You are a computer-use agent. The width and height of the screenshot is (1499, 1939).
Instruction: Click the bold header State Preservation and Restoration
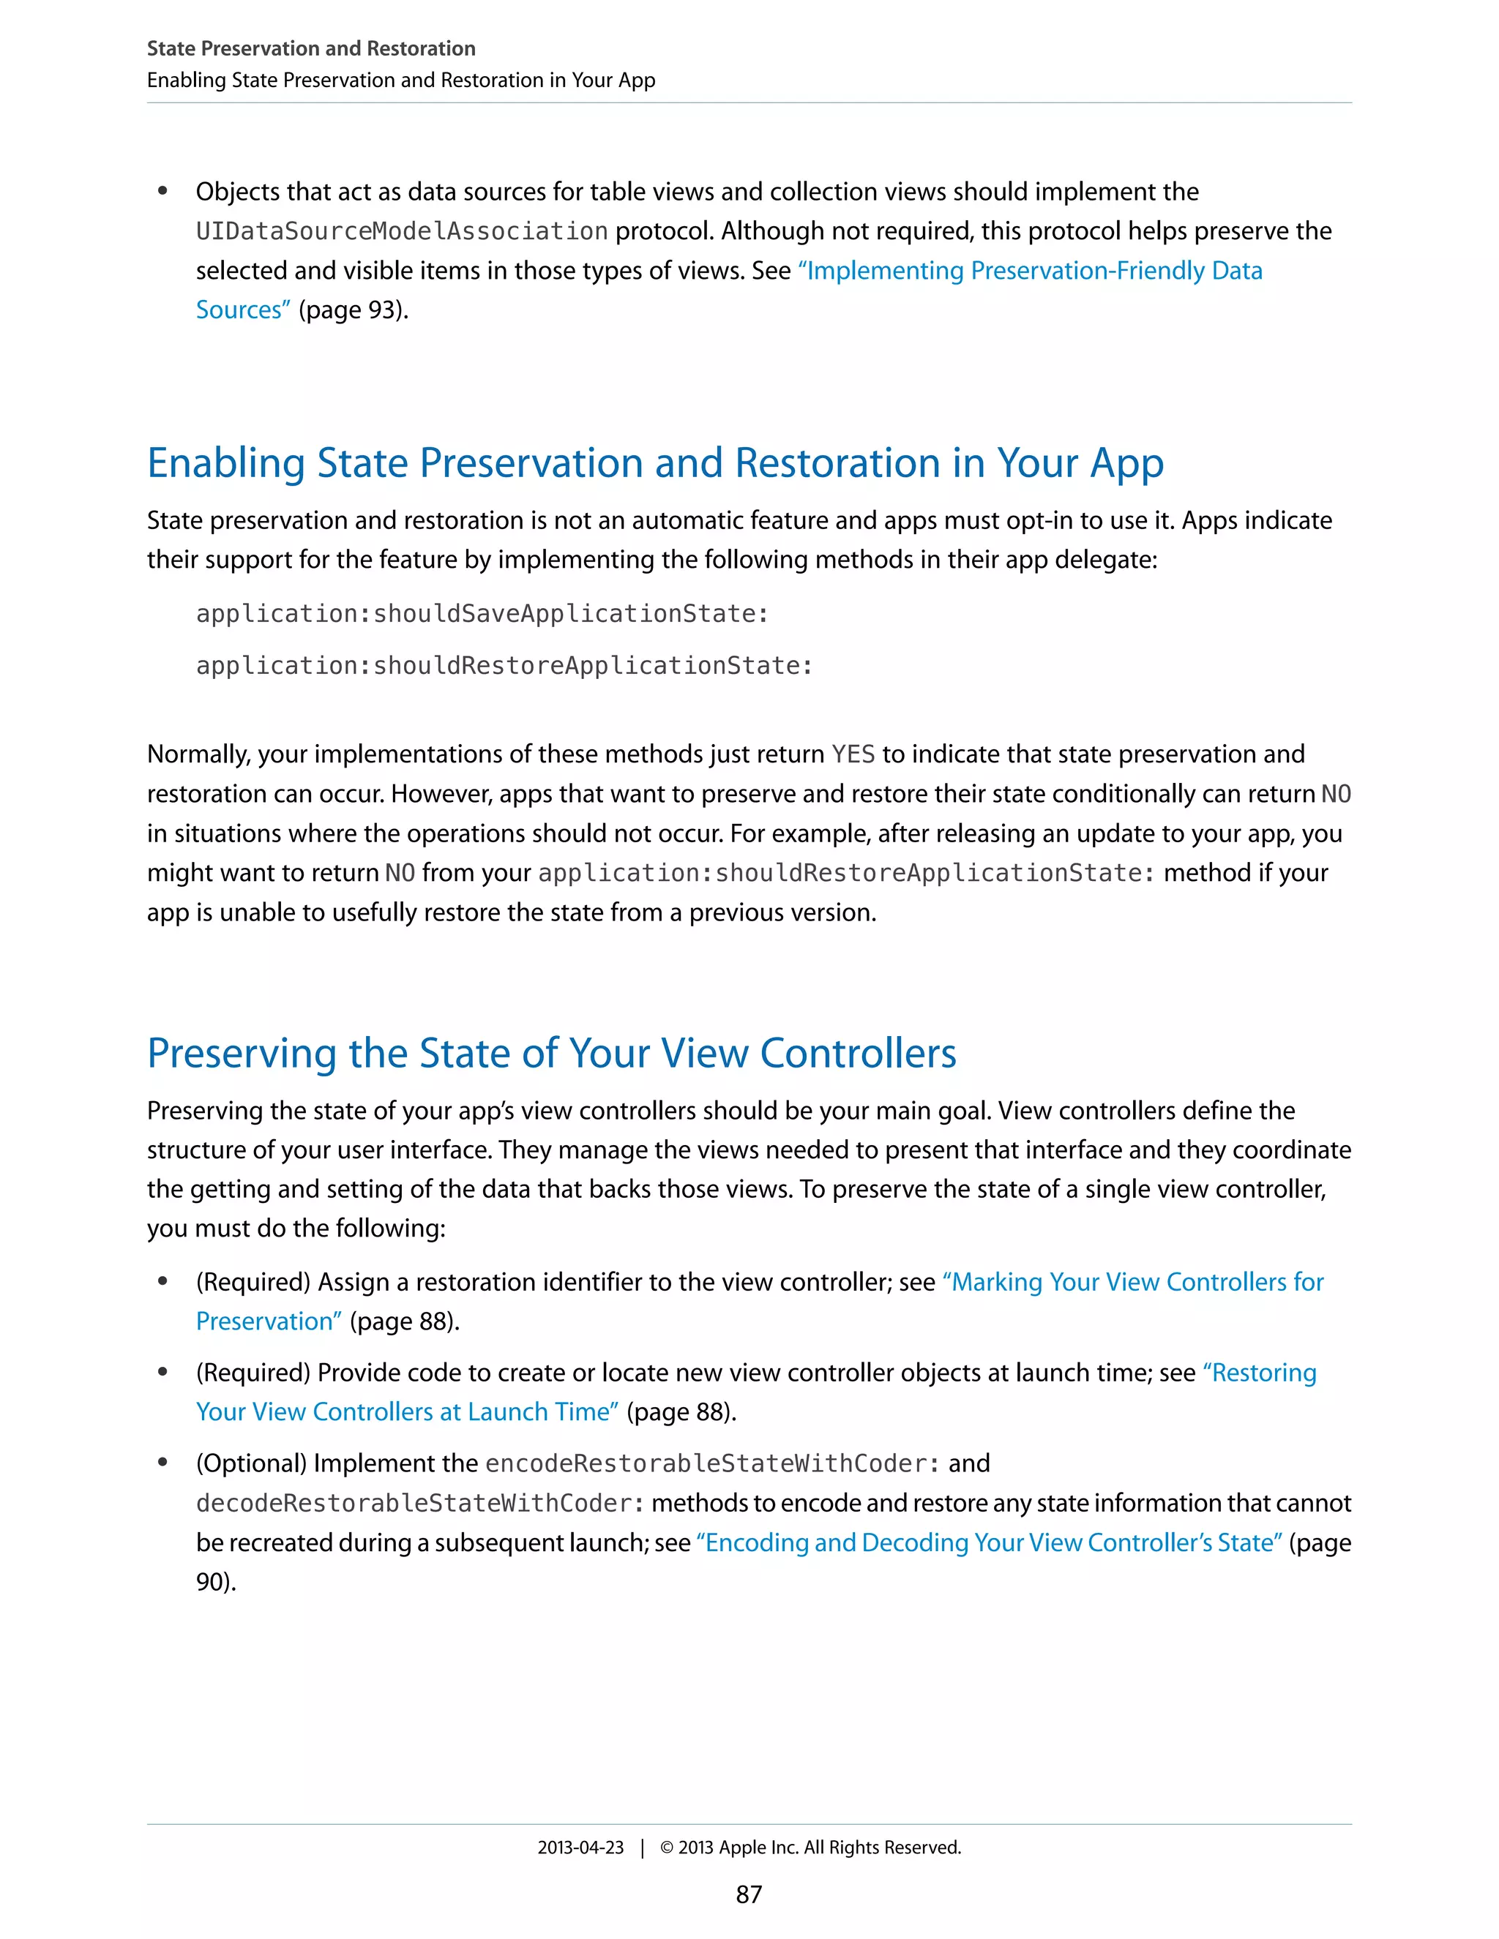tap(311, 49)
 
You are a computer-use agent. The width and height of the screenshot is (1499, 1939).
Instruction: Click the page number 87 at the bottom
tap(749, 1894)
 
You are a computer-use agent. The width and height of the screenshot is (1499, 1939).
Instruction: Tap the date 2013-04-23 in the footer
tap(580, 1847)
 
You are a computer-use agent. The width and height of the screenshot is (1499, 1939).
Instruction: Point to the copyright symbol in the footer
tap(667, 1848)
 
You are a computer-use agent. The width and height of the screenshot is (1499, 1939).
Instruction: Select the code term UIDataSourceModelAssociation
tap(401, 232)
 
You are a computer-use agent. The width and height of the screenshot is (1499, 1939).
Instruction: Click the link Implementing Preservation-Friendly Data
tap(1030, 271)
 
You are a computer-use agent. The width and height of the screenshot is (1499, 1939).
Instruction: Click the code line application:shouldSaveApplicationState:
tap(482, 613)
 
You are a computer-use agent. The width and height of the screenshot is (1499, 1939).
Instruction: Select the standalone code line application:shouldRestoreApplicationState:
tap(504, 666)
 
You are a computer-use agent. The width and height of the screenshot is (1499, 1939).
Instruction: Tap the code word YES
tap(853, 754)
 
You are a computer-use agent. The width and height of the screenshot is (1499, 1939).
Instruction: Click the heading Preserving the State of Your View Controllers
tap(551, 1053)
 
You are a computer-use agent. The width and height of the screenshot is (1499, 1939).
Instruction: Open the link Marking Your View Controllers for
tap(1133, 1282)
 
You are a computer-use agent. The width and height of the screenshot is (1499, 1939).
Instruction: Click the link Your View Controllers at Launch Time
tap(408, 1411)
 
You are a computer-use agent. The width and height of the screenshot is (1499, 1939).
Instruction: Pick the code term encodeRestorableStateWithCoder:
tap(712, 1463)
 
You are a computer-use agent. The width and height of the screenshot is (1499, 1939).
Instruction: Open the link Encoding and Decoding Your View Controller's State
tap(990, 1543)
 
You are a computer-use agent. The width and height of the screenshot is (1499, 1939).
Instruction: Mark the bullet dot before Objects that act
tap(162, 191)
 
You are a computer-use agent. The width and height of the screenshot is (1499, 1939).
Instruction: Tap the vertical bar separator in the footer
tap(642, 1848)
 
